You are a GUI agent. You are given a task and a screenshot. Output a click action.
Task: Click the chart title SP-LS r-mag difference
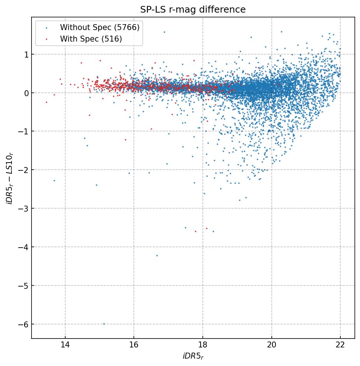click(x=193, y=10)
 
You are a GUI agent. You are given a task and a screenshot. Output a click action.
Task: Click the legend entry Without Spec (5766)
click(x=99, y=27)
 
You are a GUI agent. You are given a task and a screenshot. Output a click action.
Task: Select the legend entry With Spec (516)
click(x=91, y=39)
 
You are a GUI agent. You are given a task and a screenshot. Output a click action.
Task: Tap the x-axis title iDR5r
click(x=193, y=356)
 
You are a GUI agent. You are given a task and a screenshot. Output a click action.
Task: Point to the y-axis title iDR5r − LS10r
click(x=9, y=178)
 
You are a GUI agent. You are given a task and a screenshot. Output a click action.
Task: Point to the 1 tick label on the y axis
click(x=26, y=54)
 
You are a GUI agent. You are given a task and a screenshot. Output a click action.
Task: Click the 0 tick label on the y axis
click(x=26, y=93)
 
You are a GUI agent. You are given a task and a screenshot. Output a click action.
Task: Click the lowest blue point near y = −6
click(x=104, y=324)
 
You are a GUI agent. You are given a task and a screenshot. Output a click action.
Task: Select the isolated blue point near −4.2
click(x=157, y=255)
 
